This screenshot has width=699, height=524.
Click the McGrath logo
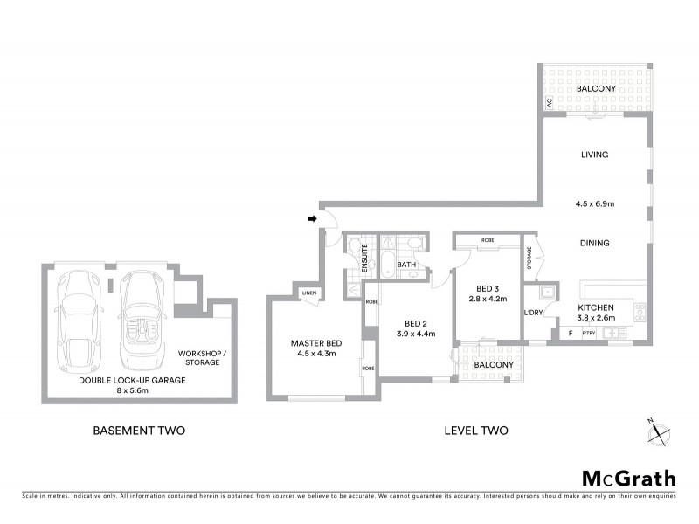point(629,478)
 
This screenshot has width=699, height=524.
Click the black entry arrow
point(312,219)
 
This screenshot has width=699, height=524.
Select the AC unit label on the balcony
point(550,103)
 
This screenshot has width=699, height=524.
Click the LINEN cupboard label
point(308,293)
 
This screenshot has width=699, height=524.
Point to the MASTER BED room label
point(316,343)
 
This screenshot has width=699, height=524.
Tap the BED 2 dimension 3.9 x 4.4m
point(415,334)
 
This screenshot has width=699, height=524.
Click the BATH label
point(406,264)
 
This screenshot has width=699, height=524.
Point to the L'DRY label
point(534,313)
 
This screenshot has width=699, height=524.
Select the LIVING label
point(594,155)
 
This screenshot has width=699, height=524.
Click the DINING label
point(594,243)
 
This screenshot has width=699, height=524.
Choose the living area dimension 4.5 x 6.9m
point(594,203)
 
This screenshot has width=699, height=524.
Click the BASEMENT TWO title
point(139,431)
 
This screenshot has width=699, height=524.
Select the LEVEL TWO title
point(475,431)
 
